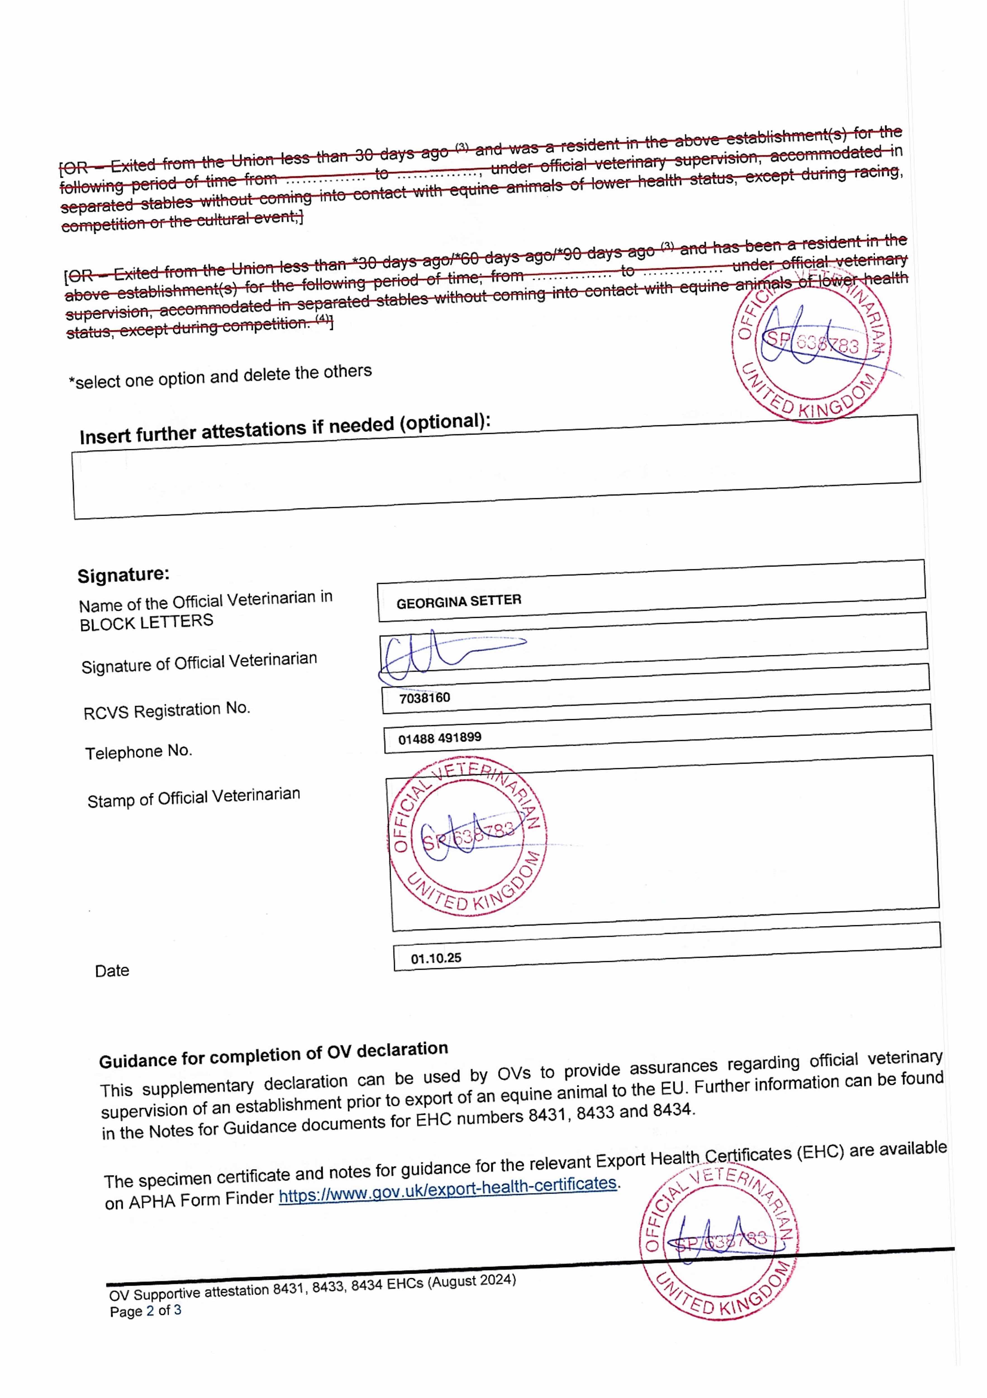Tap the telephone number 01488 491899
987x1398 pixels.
point(439,738)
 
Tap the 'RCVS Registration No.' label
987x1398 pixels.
point(167,710)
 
